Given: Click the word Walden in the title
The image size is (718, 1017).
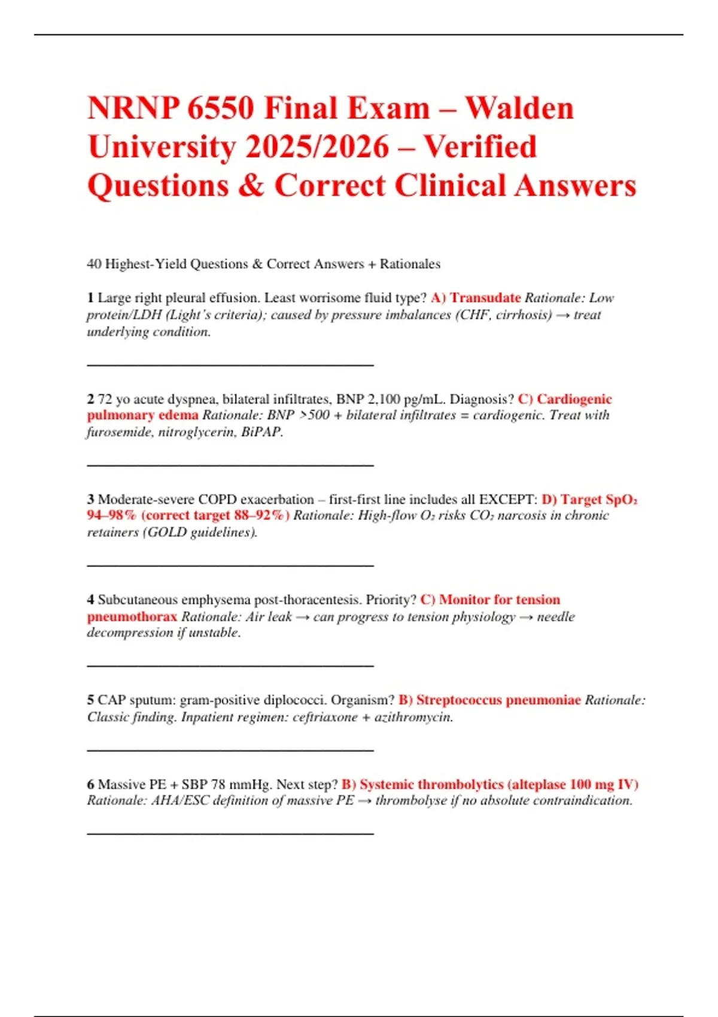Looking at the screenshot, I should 519,109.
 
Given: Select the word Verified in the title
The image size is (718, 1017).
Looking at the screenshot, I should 480,147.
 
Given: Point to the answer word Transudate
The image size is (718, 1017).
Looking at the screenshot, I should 485,298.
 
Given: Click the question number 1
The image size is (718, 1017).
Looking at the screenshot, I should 90,298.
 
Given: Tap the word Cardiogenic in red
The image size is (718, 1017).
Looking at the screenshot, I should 574,399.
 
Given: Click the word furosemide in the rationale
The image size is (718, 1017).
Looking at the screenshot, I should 120,432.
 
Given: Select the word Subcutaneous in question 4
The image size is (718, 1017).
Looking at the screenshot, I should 138,600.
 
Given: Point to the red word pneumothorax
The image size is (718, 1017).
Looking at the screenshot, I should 132,617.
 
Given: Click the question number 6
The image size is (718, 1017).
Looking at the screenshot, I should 90,784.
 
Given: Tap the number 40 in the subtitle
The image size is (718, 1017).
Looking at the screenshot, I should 94,264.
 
